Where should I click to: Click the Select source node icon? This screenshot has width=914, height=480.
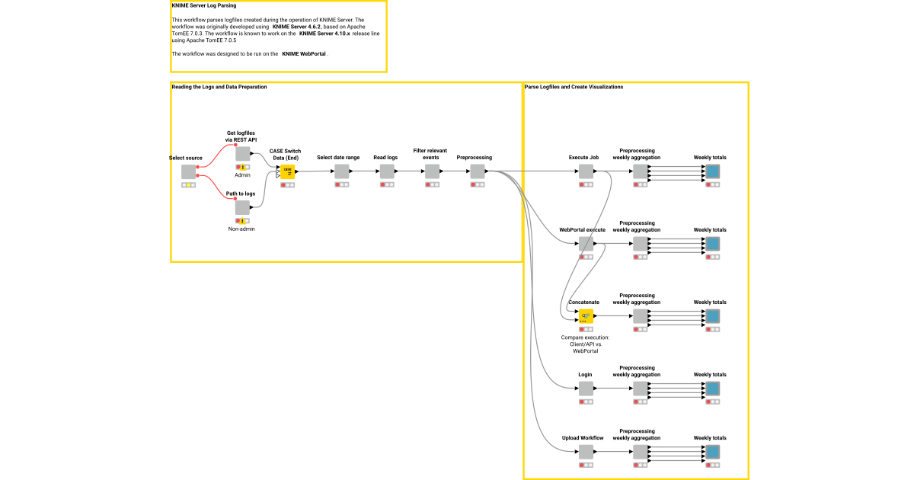pos(189,171)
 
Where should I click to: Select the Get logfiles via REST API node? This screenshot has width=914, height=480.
pos(242,154)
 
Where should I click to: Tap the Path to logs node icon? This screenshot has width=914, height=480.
pos(242,208)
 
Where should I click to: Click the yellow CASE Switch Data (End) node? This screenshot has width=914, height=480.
pos(288,172)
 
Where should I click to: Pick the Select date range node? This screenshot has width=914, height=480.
pos(342,171)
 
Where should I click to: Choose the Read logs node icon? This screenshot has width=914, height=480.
pos(387,171)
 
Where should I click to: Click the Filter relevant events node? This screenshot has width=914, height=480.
pos(432,171)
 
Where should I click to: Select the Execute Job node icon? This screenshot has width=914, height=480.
pos(586,171)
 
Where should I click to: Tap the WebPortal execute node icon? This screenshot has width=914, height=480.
pos(586,244)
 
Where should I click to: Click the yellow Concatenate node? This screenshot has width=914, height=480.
pos(586,316)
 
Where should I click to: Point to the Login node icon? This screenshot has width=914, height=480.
pos(586,389)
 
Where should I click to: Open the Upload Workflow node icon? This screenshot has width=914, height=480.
pos(586,452)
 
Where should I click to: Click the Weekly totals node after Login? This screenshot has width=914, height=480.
pos(712,389)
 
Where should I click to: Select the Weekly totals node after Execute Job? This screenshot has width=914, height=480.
pos(712,171)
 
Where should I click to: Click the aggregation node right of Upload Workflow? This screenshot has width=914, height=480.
pos(640,452)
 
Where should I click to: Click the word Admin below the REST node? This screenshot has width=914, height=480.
pos(242,175)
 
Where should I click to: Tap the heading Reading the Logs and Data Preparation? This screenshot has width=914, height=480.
pos(219,87)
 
